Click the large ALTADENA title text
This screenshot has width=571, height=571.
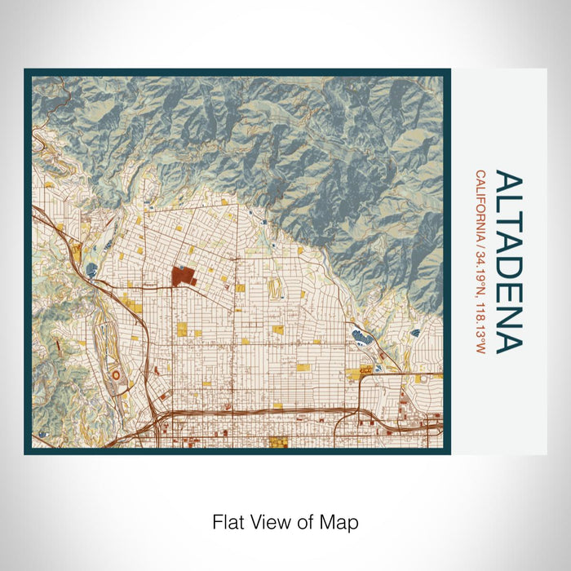507,262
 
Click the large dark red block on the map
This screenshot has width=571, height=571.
181,277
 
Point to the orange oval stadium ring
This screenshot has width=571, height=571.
115,374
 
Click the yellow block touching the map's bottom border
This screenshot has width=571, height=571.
279,443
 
